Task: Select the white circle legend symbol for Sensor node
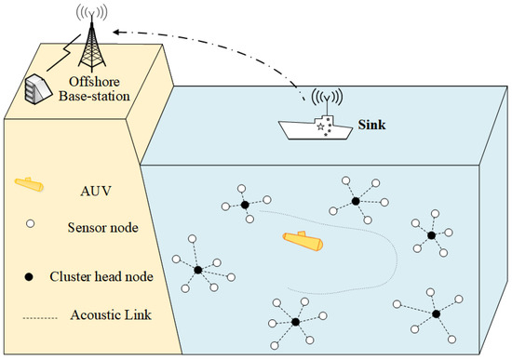pos(28,226)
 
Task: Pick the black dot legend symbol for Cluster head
pos(28,275)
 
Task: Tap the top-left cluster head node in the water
pos(244,205)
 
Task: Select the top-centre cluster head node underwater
pos(355,200)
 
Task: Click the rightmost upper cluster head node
pos(431,235)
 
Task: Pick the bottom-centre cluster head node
pos(294,321)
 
